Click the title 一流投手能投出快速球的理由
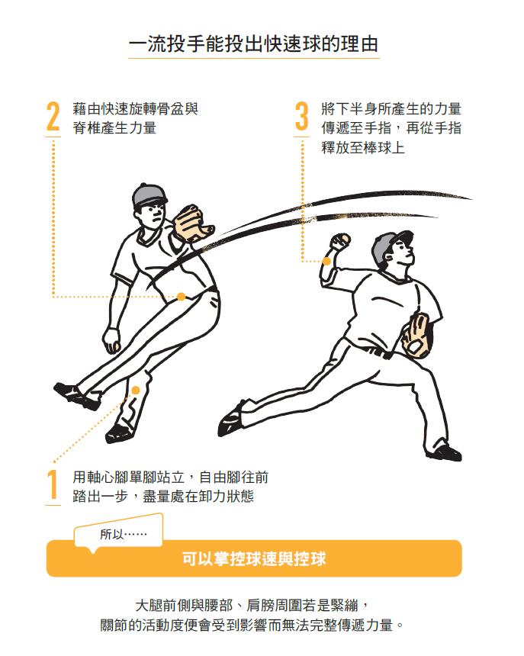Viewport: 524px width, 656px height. pyautogui.click(x=253, y=44)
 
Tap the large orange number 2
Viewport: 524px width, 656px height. pyautogui.click(x=53, y=116)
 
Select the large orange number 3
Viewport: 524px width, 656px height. pyautogui.click(x=301, y=116)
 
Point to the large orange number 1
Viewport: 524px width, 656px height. pyautogui.click(x=53, y=484)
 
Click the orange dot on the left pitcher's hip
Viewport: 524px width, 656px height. pyautogui.click(x=181, y=297)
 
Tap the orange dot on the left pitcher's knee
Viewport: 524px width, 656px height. pyautogui.click(x=136, y=391)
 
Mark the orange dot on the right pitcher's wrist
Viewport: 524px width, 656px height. pyautogui.click(x=326, y=261)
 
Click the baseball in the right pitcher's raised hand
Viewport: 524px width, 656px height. pyautogui.click(x=345, y=239)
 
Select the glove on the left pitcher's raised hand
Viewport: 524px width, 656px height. pyautogui.click(x=192, y=222)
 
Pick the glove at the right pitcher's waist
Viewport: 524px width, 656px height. pyautogui.click(x=416, y=336)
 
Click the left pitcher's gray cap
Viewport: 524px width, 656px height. pyautogui.click(x=149, y=195)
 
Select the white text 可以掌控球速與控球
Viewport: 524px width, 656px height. pyautogui.click(x=253, y=558)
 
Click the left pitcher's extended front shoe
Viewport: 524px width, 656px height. pyautogui.click(x=76, y=396)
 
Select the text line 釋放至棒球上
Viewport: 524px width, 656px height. pyautogui.click(x=363, y=147)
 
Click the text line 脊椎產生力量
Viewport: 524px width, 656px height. pyautogui.click(x=114, y=127)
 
